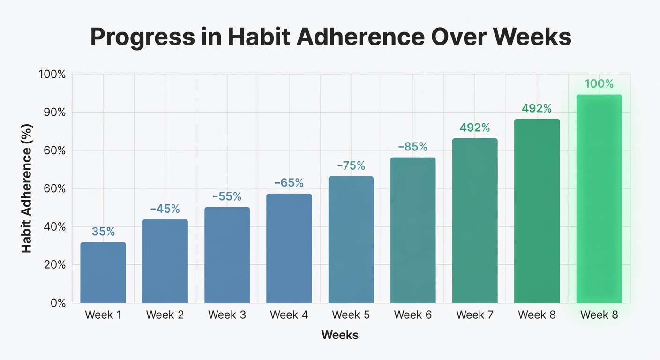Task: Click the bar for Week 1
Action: (103, 273)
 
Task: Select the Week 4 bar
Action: (289, 248)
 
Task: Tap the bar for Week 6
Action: (412, 230)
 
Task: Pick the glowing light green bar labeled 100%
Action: (599, 199)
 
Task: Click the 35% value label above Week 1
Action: (103, 232)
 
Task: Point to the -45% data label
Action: (165, 209)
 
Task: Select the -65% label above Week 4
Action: (289, 183)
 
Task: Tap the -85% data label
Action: (412, 147)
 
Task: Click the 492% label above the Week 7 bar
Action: (474, 127)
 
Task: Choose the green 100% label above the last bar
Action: (599, 84)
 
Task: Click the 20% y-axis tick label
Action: (56, 265)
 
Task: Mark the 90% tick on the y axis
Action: (56, 112)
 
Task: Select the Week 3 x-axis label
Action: (227, 315)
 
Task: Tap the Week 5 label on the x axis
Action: (351, 315)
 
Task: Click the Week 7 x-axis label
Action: (474, 315)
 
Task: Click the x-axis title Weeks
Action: (340, 335)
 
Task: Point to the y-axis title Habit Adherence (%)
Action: (27, 188)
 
